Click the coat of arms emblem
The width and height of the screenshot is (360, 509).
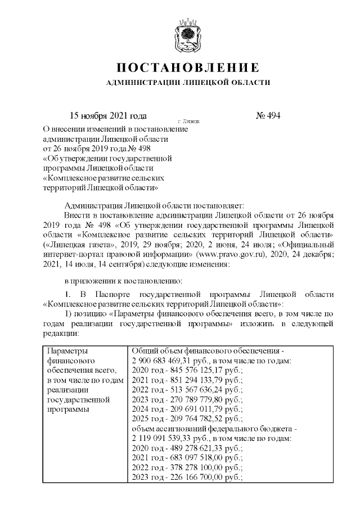pos(187,35)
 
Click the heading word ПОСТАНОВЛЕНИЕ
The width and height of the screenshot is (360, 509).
pos(188,68)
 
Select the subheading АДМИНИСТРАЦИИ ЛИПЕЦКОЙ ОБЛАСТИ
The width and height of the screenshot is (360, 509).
pos(188,83)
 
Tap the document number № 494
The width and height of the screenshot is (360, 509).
pos(268,116)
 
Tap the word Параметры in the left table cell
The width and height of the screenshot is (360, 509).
pos(67,350)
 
